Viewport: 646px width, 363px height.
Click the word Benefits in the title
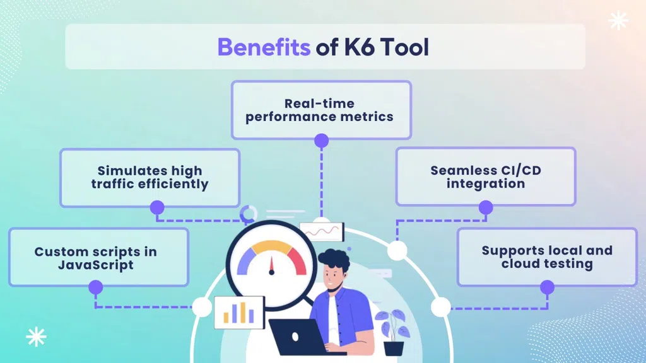(264, 47)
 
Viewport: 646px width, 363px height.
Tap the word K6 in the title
(359, 47)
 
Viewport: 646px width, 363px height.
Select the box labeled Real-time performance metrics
(321, 110)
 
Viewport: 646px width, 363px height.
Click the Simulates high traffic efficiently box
(150, 177)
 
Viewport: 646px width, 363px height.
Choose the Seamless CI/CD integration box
(486, 176)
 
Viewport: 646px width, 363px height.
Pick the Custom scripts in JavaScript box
(98, 257)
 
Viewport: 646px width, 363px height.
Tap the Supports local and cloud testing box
(547, 257)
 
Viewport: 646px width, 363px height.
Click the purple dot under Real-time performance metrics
(321, 141)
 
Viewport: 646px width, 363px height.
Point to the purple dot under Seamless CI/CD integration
(486, 207)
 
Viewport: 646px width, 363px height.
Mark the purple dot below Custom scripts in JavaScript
(96, 287)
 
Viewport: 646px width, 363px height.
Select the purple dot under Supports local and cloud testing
(547, 287)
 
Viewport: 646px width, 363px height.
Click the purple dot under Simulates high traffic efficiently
(157, 208)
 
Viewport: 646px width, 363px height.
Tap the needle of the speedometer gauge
(271, 265)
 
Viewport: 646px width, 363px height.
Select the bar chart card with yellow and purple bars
(239, 313)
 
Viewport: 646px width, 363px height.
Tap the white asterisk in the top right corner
(618, 21)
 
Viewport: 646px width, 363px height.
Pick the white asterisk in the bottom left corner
(36, 337)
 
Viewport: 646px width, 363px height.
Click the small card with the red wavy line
(322, 232)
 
